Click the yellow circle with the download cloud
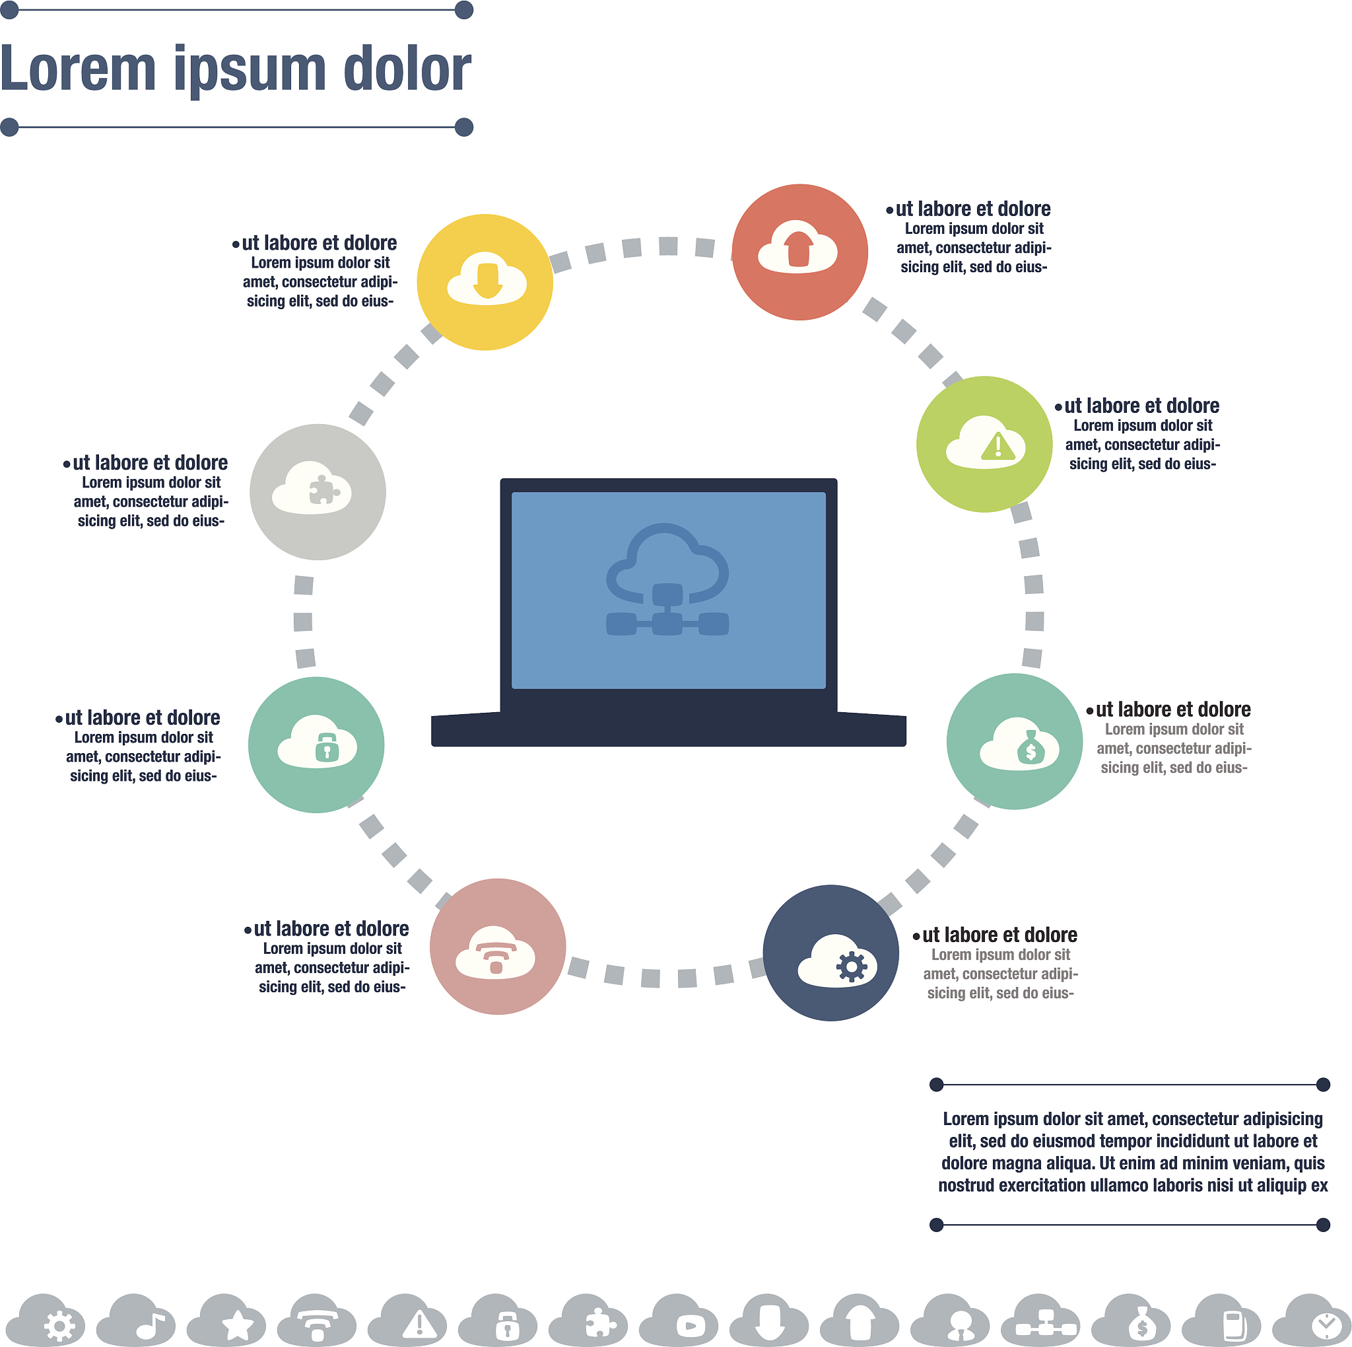[485, 282]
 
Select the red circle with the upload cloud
[799, 252]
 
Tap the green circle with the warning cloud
[984, 444]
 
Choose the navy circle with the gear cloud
[830, 952]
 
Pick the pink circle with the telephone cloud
[497, 946]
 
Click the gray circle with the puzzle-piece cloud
[317, 491]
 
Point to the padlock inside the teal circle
[327, 747]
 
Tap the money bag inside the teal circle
[1030, 748]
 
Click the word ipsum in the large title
[250, 70]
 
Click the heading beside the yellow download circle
[319, 243]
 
